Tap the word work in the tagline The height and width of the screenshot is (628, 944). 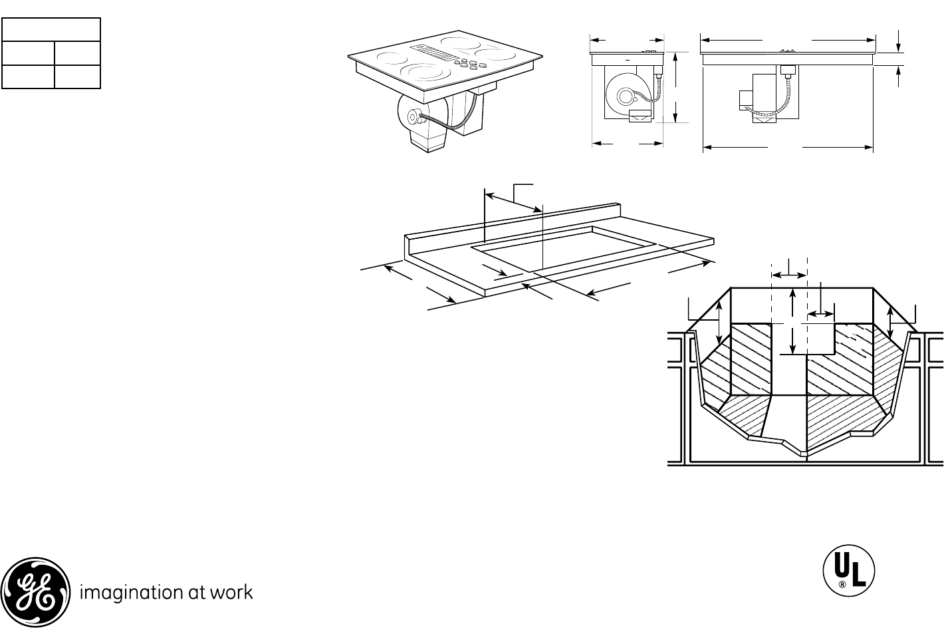click(233, 592)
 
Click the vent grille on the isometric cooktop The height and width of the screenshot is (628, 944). click(432, 53)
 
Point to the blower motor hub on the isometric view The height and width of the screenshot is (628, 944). click(413, 118)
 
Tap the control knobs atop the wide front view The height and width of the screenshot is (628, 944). click(788, 50)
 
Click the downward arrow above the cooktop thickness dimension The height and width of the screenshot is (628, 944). click(899, 41)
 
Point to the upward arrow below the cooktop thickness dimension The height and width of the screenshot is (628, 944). click(899, 76)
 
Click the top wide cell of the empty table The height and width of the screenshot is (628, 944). click(51, 30)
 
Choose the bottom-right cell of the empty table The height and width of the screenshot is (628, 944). click(76, 77)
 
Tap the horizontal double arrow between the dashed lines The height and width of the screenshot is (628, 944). click(788, 273)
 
